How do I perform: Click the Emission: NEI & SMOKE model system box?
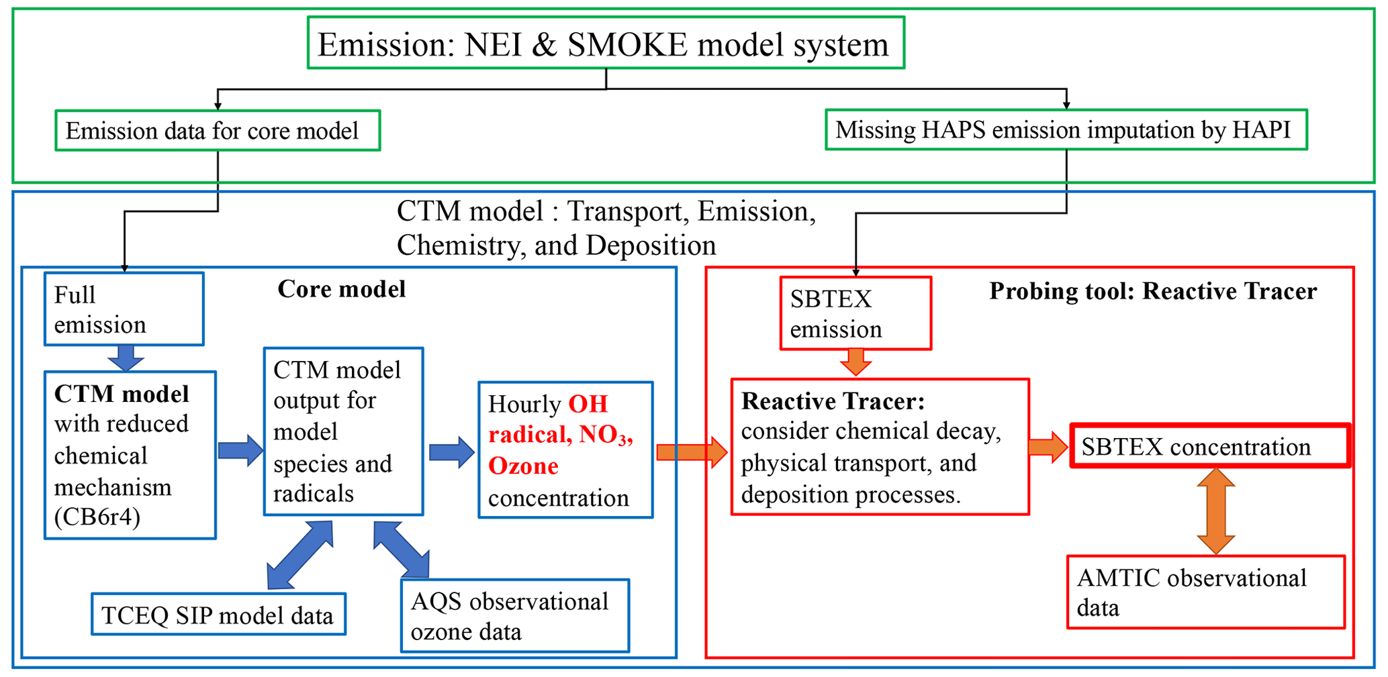606,44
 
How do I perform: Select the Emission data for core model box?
218,131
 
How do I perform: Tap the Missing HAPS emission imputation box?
1066,129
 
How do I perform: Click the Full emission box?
124,309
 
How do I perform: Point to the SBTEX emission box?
855,313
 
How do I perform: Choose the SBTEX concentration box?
1210,446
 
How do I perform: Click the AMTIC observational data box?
1206,592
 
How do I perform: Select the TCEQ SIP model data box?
218,615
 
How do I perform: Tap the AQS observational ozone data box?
515,616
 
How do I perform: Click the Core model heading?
341,289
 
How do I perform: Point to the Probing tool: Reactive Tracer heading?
1152,291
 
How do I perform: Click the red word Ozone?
523,466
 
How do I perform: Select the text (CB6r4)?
97,517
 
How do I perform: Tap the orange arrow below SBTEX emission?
855,363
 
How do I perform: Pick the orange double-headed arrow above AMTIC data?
1216,511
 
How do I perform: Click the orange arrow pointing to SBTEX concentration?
1048,446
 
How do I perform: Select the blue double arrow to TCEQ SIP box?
299,555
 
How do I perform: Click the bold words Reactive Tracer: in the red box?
833,401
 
